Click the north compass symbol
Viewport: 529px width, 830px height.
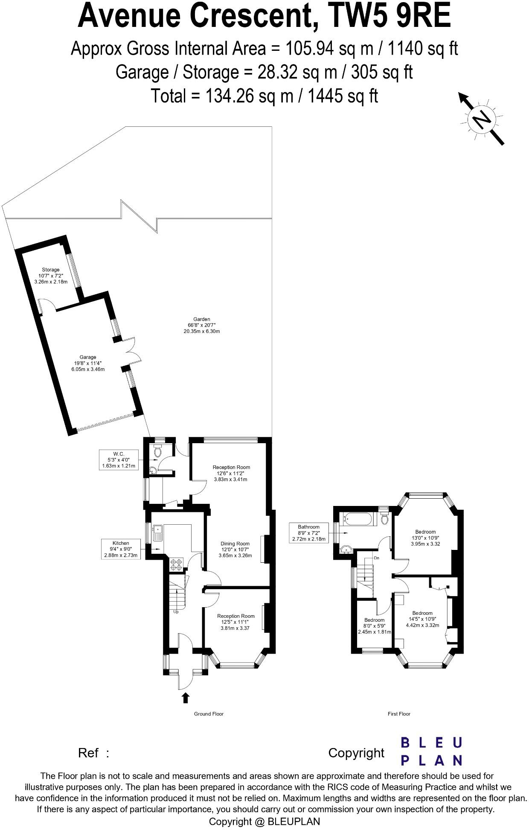click(x=482, y=119)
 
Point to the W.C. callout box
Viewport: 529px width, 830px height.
click(x=119, y=459)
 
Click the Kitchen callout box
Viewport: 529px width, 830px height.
click(x=121, y=549)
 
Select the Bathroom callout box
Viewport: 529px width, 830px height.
click(x=309, y=533)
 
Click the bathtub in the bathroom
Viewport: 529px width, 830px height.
click(x=358, y=519)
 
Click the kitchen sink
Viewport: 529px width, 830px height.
click(x=157, y=532)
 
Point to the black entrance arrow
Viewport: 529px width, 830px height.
click(x=186, y=698)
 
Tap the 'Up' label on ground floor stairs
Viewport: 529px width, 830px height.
click(x=176, y=612)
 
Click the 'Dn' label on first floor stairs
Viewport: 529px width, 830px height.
click(x=376, y=558)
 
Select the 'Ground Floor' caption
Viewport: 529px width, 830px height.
click(x=209, y=714)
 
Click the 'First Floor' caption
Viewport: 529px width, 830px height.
click(x=399, y=714)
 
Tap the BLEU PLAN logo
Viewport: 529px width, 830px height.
click(x=431, y=751)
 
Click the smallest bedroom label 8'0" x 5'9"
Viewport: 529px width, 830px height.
click(x=374, y=626)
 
